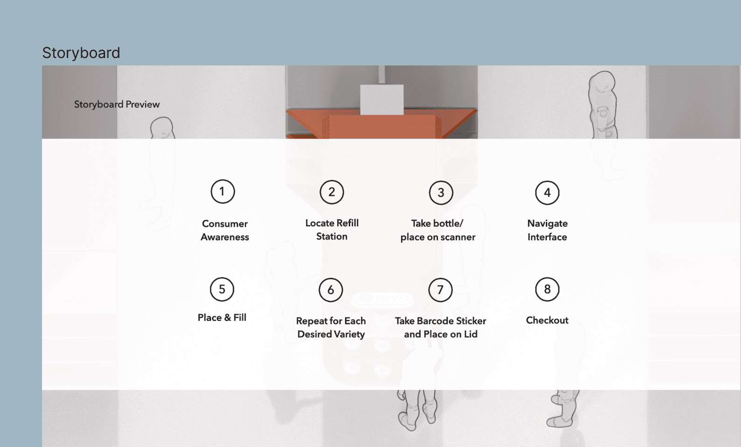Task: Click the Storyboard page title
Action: point(81,53)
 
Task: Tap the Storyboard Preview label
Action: point(117,104)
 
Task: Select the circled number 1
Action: point(223,192)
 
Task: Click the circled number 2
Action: point(332,192)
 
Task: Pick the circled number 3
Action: point(441,193)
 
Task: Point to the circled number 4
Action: point(548,193)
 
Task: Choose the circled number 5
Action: point(222,289)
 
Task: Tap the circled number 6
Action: point(331,290)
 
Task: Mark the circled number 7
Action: point(440,290)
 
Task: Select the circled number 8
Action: point(548,289)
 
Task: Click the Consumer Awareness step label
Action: point(225,231)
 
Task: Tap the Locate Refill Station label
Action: point(332,230)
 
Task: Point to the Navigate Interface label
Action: point(548,231)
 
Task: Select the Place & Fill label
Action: point(222,317)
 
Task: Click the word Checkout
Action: point(548,320)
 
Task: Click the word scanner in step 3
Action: point(458,237)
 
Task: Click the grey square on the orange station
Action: point(382,100)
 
